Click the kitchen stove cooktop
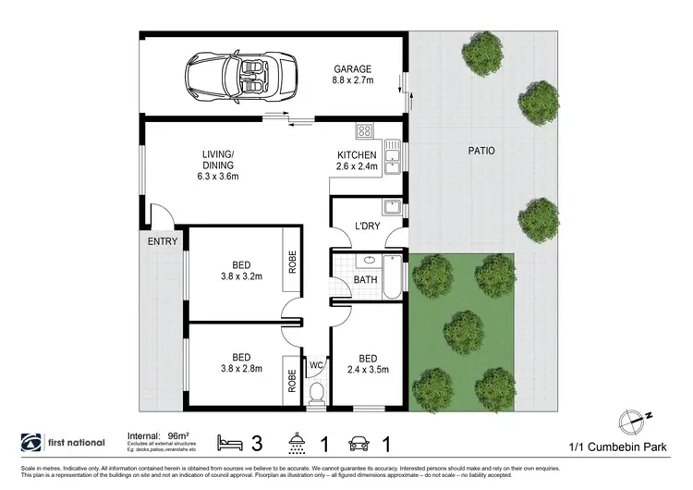[364, 130]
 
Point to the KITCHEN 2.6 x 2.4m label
[357, 161]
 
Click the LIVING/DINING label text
[219, 165]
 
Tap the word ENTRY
[163, 241]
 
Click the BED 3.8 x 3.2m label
[241, 270]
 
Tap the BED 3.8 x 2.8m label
[241, 362]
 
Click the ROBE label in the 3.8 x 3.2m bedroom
[291, 262]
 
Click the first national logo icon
[30, 442]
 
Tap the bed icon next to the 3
[229, 442]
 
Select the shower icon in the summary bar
[298, 442]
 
